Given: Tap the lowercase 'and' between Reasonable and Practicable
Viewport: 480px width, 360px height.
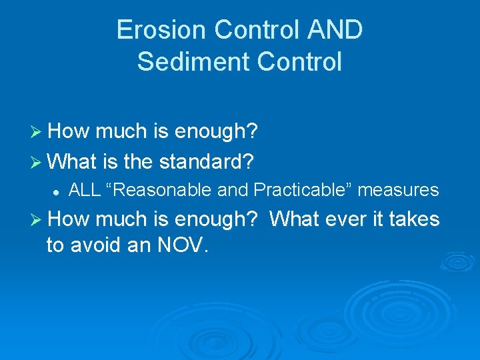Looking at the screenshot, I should pyautogui.click(x=233, y=191).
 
